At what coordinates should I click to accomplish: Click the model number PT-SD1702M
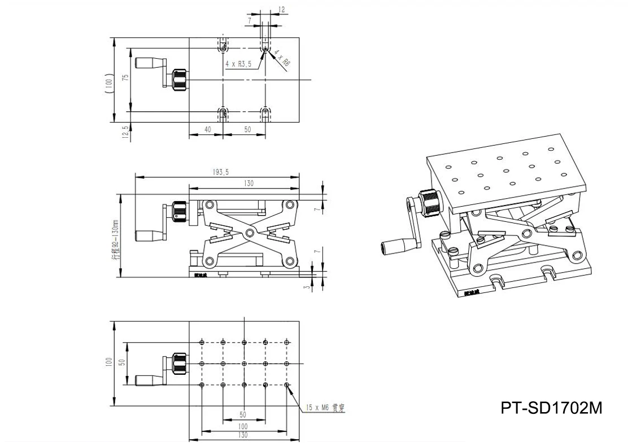pos(551,407)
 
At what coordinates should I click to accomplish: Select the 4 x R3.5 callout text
pos(238,64)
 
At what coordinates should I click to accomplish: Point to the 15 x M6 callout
pos(325,407)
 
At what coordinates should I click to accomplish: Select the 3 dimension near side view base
pos(306,287)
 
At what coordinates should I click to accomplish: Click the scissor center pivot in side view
pos(249,232)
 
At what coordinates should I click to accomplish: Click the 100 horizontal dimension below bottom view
pos(243,427)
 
